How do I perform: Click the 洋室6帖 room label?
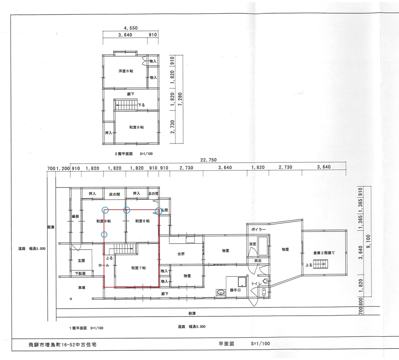126,71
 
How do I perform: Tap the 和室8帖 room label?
103,221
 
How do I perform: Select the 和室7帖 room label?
138,268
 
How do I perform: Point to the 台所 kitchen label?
181,254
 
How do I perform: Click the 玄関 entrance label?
81,261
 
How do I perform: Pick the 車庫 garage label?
81,288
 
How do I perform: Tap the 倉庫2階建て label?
324,253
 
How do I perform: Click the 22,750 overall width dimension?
208,160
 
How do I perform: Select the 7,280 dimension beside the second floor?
180,99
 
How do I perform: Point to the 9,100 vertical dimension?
368,241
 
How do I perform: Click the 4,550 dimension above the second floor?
131,28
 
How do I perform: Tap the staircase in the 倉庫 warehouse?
321,264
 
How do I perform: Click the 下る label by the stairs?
141,105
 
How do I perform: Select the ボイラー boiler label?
258,229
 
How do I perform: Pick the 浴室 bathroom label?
253,244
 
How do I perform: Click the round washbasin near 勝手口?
220,292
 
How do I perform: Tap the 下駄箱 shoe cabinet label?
80,273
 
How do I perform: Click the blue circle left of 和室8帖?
104,235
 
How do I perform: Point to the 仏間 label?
164,210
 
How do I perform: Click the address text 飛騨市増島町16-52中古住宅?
63,345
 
